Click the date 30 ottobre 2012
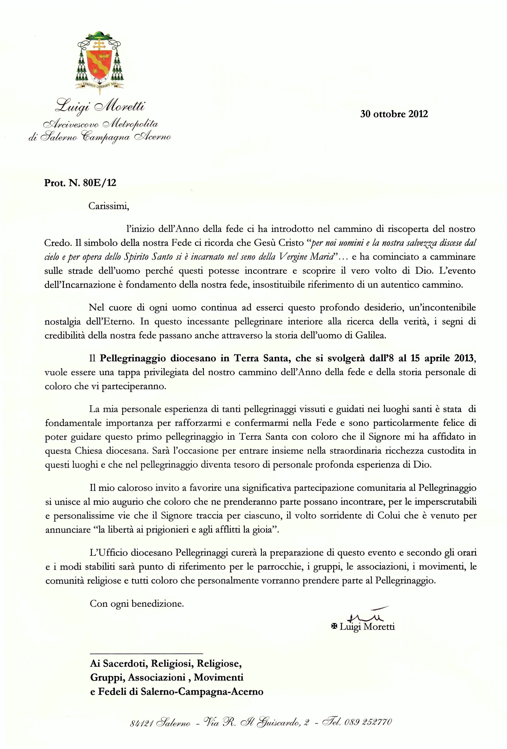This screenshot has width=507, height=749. (394, 114)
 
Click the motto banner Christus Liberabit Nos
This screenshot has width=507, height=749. (99, 85)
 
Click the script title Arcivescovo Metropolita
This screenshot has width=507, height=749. (100, 124)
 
